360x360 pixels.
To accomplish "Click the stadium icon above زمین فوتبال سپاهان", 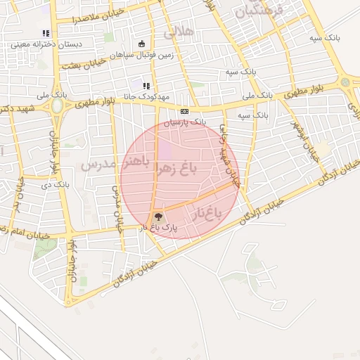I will [142, 43].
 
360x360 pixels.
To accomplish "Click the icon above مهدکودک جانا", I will [146, 86].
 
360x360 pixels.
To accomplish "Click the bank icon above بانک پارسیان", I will [184, 111].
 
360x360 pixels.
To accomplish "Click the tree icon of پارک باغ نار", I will [158, 217].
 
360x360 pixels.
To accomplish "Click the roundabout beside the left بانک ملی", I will [57, 107].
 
